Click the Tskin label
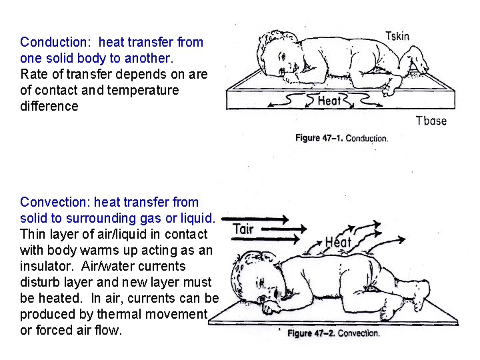coord(397,36)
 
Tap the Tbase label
coord(431,121)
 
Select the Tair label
coord(243,229)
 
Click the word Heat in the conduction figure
coord(329,101)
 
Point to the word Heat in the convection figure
coord(339,242)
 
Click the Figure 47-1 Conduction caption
coord(341,138)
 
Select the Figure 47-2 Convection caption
coord(333,333)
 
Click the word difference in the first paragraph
coord(49,106)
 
